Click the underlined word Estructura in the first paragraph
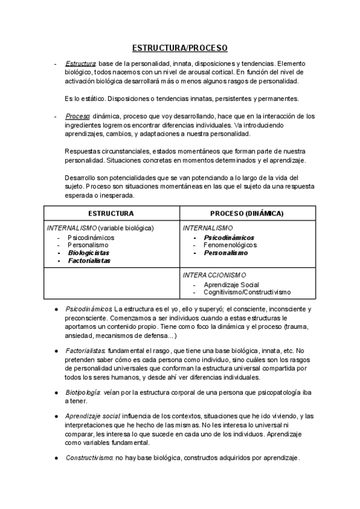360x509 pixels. (80, 64)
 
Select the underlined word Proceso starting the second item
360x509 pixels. (78, 116)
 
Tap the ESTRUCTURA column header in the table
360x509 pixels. (111, 213)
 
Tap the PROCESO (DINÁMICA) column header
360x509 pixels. (247, 213)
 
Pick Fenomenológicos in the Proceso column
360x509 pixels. (230, 245)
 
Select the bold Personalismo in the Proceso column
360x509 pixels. (226, 253)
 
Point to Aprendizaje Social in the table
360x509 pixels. (231, 284)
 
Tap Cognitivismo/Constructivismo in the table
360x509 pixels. (247, 292)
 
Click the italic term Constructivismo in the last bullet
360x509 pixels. (89, 457)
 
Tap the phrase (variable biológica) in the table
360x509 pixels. (126, 228)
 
